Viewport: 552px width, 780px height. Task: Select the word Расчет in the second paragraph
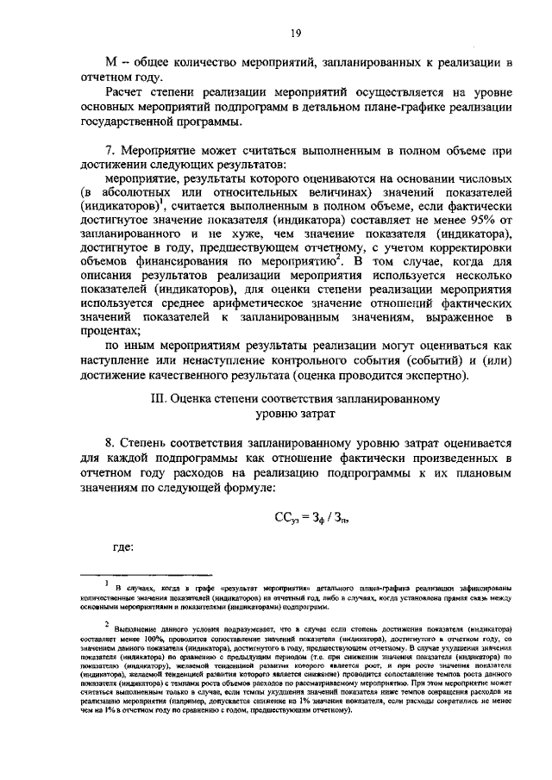pos(127,92)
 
